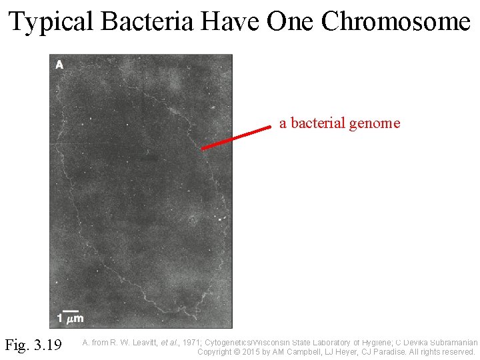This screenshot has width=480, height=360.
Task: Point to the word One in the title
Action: click(291, 22)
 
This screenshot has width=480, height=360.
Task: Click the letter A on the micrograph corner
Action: click(59, 65)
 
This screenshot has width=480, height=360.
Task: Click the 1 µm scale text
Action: click(70, 319)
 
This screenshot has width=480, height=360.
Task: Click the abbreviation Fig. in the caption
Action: click(17, 345)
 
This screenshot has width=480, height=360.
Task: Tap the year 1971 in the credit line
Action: click(191, 343)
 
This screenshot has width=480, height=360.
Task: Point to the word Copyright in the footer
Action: click(217, 351)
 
